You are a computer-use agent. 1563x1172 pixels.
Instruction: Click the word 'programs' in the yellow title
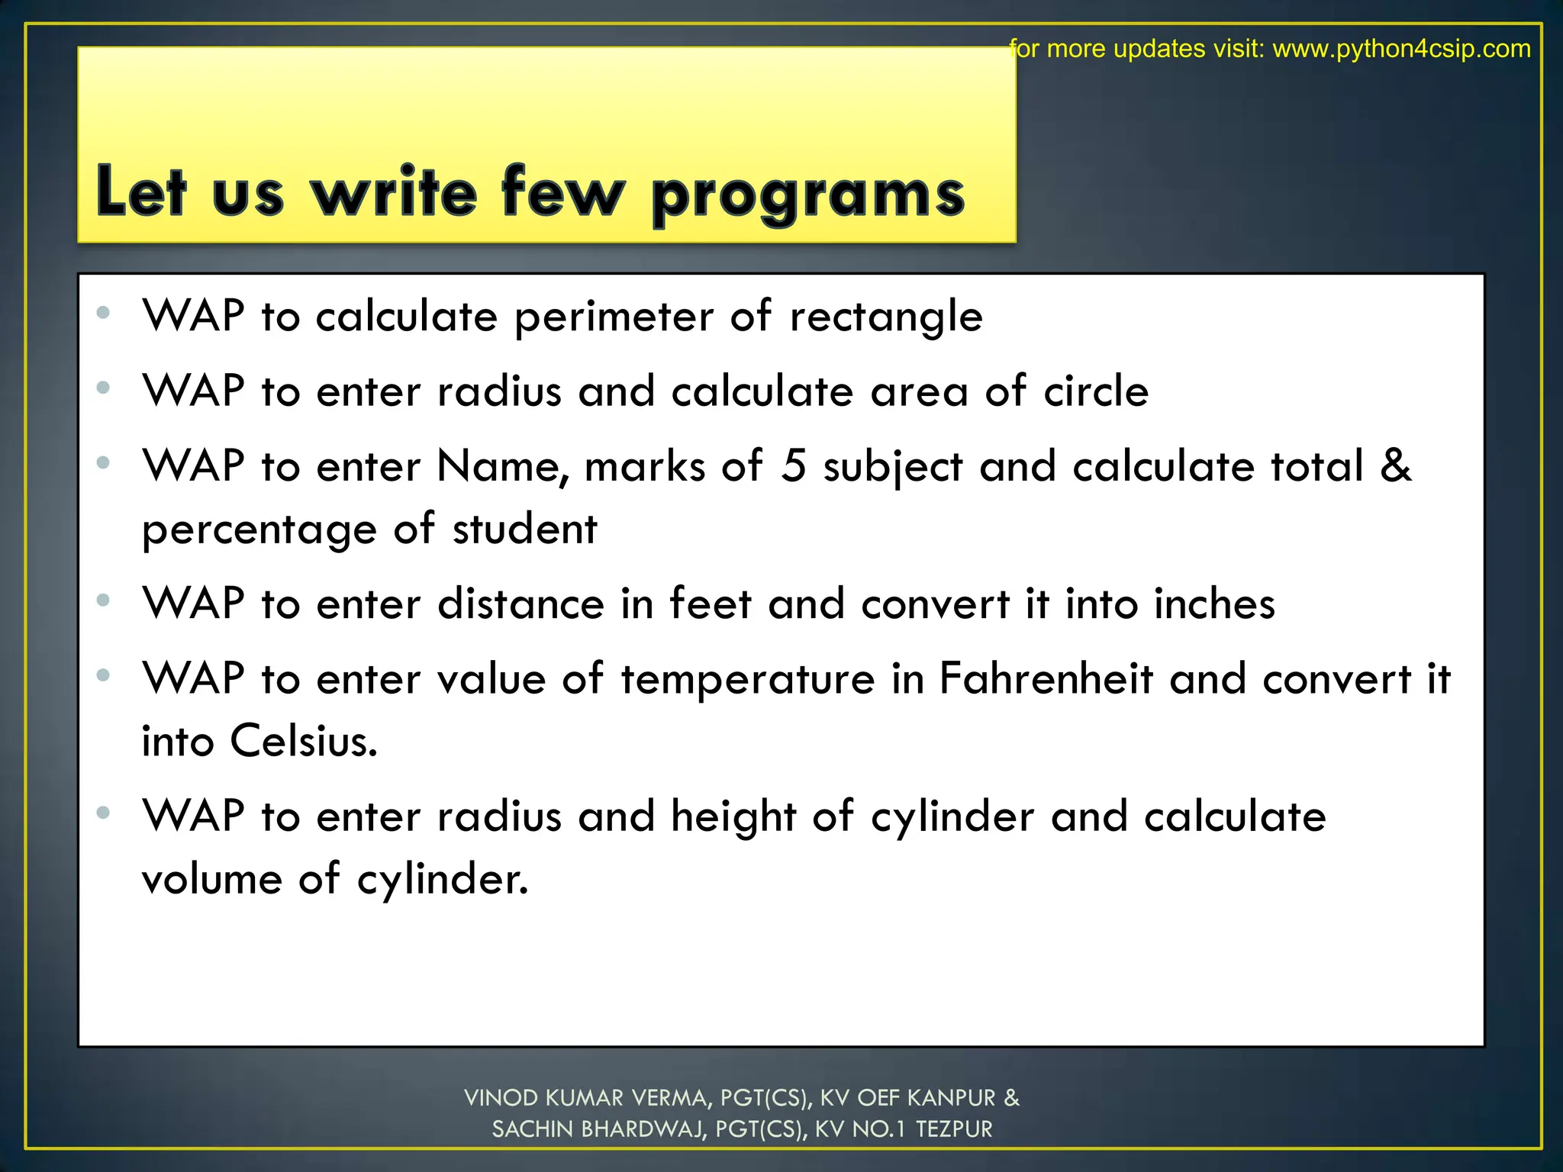808,195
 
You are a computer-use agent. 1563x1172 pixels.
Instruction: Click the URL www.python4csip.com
1401,49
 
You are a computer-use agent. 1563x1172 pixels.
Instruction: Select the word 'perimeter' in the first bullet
614,317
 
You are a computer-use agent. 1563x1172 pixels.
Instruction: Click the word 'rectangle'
885,317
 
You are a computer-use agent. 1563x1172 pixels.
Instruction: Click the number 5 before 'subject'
794,465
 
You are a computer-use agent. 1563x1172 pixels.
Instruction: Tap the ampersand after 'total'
1396,465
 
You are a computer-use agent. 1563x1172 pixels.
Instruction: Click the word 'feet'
710,604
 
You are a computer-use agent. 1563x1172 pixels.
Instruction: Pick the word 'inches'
1213,604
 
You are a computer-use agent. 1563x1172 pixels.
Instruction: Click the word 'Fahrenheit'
1046,678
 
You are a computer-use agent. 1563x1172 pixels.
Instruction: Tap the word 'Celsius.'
304,741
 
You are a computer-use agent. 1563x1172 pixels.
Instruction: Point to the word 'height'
733,816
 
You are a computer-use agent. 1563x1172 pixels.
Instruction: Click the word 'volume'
211,879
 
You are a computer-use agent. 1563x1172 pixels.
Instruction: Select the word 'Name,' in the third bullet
502,465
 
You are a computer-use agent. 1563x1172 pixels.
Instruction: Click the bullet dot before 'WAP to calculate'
104,312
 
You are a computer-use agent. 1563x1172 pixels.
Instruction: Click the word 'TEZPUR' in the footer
954,1129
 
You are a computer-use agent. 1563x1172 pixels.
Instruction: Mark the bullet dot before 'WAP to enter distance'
104,600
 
